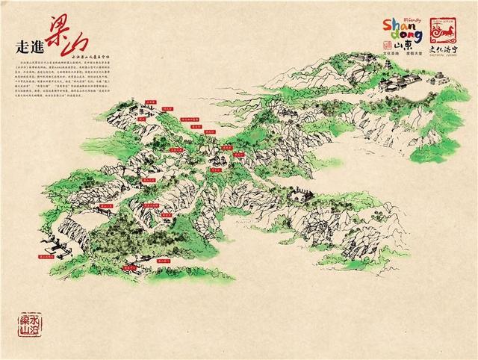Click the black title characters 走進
pos(29,44)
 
